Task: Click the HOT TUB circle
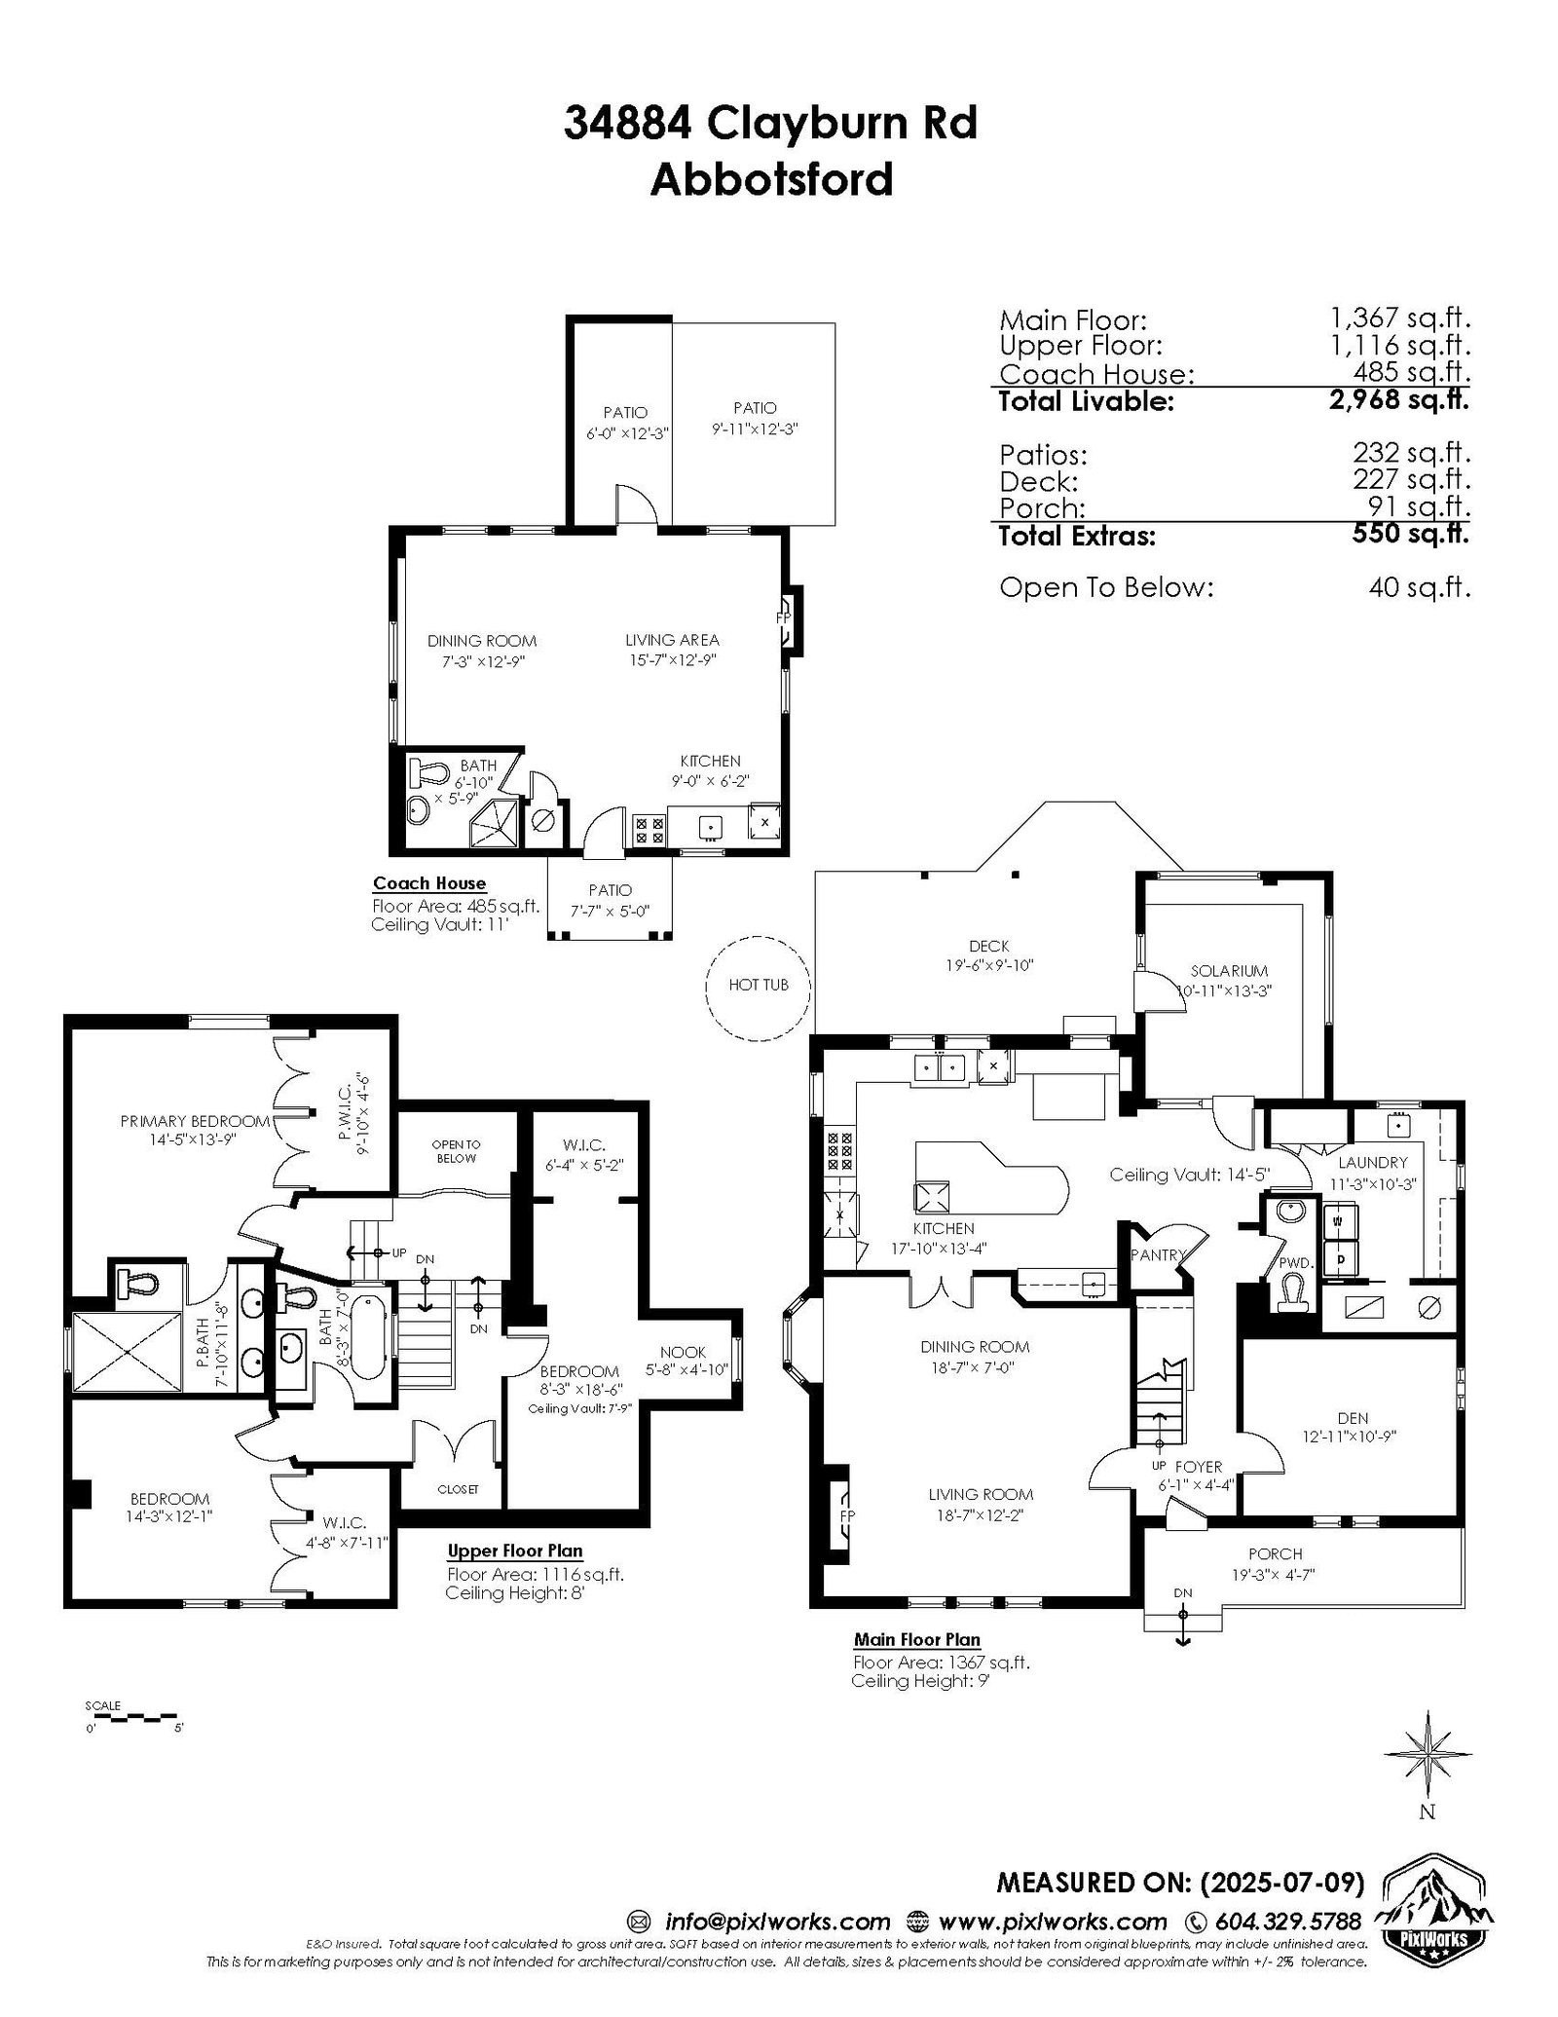pos(707,985)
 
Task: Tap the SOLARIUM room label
pos(1229,971)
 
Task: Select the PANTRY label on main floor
pos(1159,1255)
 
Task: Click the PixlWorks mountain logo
pos(1432,1920)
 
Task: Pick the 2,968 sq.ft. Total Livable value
pos(1399,399)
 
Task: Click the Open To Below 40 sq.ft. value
pos(1419,587)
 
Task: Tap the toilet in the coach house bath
pos(427,774)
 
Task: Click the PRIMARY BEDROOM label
pos(195,1121)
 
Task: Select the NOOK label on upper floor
pos(683,1352)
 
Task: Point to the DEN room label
pos(1353,1418)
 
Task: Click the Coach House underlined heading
pos(429,883)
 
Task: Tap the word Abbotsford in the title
pos(771,179)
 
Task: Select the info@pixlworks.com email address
pos(777,1922)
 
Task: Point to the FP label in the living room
pos(846,1517)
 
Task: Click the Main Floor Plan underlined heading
pos(917,1640)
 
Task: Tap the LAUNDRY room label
pos(1372,1162)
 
